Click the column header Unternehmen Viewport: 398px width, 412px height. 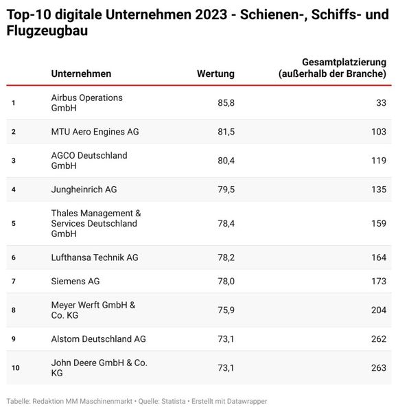(x=81, y=73)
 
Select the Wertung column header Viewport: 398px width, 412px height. (x=215, y=73)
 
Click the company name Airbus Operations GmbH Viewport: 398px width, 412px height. (x=86, y=103)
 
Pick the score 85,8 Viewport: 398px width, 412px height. (x=225, y=103)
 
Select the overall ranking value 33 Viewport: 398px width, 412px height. (x=380, y=103)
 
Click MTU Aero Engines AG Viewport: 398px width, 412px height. (x=95, y=131)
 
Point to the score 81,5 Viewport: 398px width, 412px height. (x=225, y=131)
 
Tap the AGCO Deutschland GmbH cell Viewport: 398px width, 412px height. (x=89, y=161)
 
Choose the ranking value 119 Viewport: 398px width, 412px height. (x=378, y=161)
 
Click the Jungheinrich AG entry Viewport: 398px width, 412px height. (x=84, y=190)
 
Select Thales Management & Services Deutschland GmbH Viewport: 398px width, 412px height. (x=95, y=223)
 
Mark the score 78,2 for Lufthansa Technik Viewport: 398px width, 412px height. (x=225, y=257)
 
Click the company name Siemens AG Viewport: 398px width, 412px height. (x=75, y=281)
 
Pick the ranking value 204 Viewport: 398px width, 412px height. (x=378, y=310)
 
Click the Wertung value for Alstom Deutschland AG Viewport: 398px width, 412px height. (x=225, y=339)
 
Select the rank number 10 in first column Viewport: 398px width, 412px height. (x=15, y=368)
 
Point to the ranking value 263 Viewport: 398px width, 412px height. (x=378, y=367)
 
